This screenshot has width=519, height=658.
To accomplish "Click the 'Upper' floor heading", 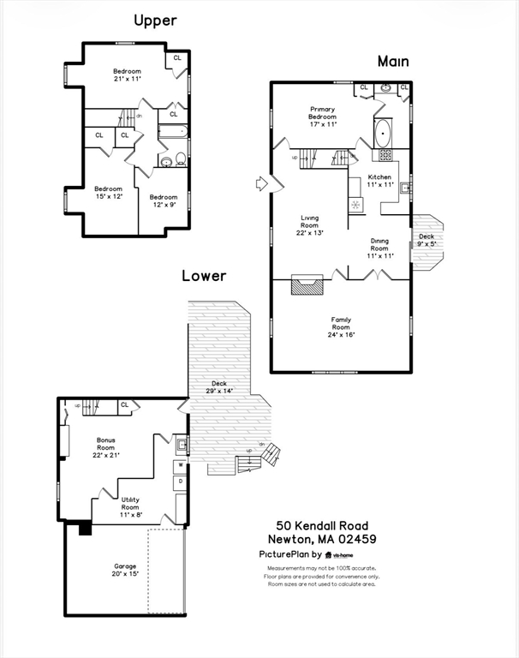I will [154, 20].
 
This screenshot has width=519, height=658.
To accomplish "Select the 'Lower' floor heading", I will [204, 276].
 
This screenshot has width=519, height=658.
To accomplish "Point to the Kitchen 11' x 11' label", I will [379, 181].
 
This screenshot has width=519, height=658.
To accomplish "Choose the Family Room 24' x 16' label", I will [341, 327].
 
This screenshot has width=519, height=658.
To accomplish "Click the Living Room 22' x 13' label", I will [310, 227].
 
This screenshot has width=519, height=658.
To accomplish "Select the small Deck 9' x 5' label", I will [426, 240].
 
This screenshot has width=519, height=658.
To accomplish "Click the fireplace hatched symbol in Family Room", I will [307, 285].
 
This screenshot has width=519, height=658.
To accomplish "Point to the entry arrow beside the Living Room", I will [262, 183].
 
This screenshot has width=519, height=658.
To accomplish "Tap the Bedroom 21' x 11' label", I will [127, 75].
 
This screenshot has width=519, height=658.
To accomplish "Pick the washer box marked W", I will [180, 466].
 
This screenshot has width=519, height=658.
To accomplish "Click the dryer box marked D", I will [180, 483].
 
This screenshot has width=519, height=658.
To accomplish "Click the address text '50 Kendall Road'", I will [322, 525].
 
